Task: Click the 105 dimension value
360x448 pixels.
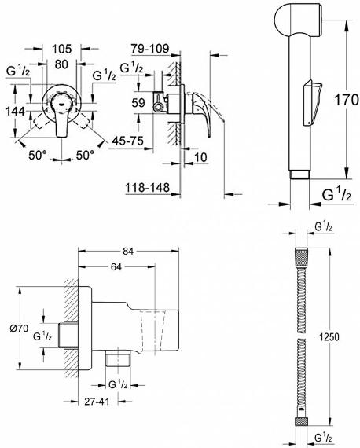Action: pyautogui.click(x=61, y=49)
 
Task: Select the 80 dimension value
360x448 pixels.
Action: pyautogui.click(x=61, y=64)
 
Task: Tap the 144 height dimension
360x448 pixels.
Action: pyautogui.click(x=16, y=111)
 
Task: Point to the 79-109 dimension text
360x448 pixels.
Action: pyautogui.click(x=150, y=49)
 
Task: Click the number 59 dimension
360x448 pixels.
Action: pyautogui.click(x=138, y=103)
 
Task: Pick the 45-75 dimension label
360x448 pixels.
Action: pyautogui.click(x=127, y=141)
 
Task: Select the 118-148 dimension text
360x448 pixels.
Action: pyautogui.click(x=148, y=188)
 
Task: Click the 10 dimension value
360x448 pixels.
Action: pyautogui.click(x=200, y=157)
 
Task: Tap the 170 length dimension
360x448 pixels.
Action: pyautogui.click(x=347, y=100)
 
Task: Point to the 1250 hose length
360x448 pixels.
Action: pyautogui.click(x=329, y=337)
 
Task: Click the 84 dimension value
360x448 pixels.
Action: pyautogui.click(x=128, y=252)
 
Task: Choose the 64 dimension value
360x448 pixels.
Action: pyautogui.click(x=116, y=267)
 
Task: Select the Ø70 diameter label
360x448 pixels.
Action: pyautogui.click(x=19, y=329)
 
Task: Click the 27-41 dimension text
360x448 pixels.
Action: pyautogui.click(x=97, y=402)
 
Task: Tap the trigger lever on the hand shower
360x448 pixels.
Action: pyautogui.click(x=312, y=103)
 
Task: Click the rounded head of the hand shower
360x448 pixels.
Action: pyautogui.click(x=298, y=20)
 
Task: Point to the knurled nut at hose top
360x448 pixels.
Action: pyautogui.click(x=301, y=255)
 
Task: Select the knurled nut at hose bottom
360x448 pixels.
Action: pyautogui.click(x=301, y=422)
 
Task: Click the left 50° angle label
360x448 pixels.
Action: pyautogui.click(x=38, y=155)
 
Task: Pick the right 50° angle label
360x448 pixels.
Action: pyautogui.click(x=85, y=155)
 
